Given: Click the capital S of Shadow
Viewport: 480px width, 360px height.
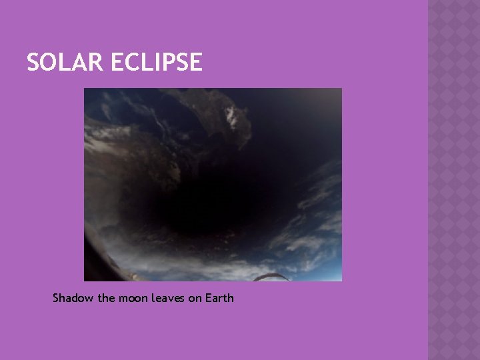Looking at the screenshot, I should point(57,298).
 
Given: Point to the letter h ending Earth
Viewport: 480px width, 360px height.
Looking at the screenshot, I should point(231,298).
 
